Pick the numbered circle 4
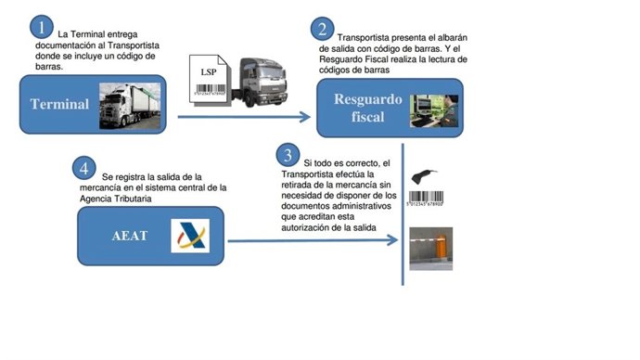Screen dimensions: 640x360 pos(84,169)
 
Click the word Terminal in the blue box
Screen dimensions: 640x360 pos(58,104)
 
